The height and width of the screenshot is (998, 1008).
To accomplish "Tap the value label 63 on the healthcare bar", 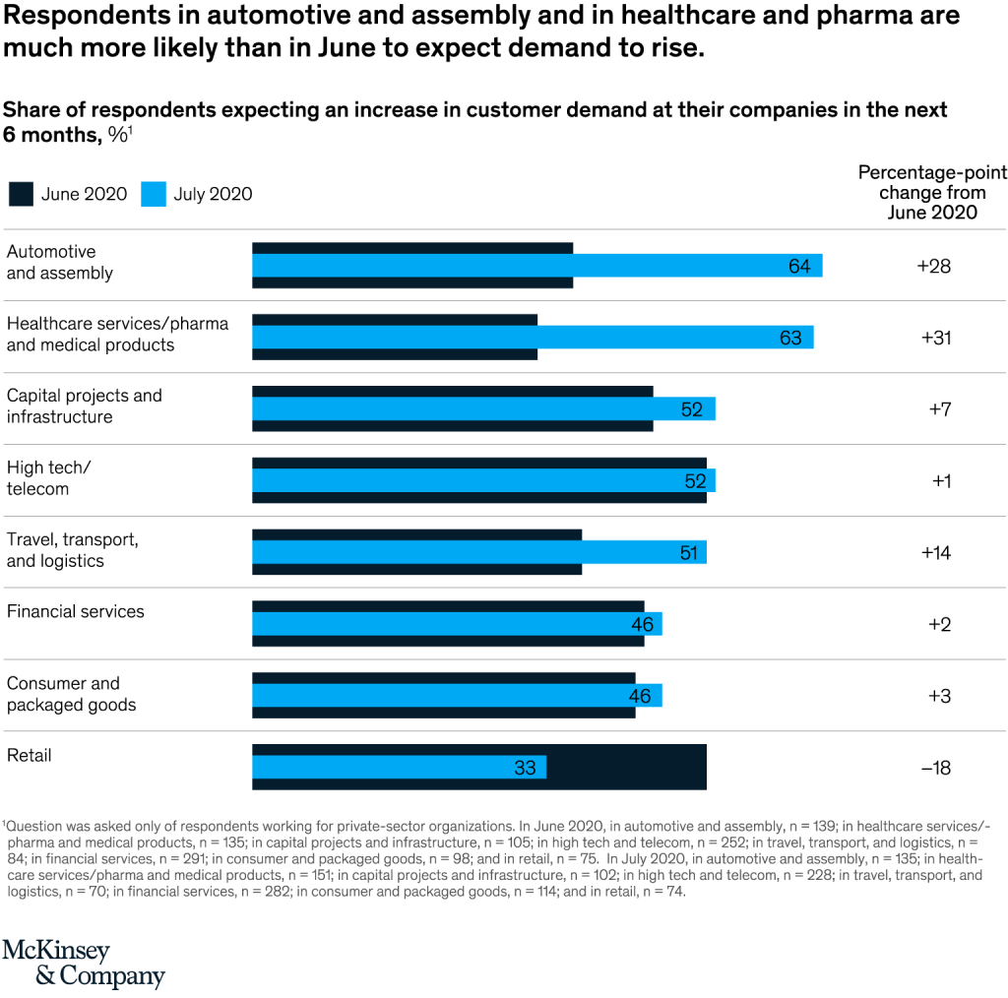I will click(790, 338).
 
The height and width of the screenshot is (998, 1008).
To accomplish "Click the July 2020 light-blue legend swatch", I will click(153, 194).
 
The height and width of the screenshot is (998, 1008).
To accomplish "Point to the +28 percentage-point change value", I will click(933, 266).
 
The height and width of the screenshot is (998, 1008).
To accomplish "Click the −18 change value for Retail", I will click(935, 768).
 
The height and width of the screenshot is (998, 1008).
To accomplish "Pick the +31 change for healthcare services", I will click(935, 338).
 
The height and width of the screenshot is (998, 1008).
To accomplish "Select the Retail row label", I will click(30, 756).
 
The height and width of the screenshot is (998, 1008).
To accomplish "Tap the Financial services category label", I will click(75, 611).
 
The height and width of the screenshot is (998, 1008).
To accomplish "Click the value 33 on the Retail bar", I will click(525, 768).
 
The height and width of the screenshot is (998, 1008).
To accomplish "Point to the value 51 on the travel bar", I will click(688, 553).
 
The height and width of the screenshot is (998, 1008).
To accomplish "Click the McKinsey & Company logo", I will click(83, 963).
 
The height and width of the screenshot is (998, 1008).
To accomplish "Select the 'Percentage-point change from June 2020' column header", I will click(932, 193).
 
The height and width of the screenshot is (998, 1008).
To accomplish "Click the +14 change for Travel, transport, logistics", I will click(935, 553).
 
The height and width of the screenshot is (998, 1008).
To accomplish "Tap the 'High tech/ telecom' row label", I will click(49, 478).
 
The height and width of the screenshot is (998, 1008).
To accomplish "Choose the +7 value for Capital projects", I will click(939, 409).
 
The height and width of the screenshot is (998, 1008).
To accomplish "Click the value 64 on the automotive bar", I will click(799, 266).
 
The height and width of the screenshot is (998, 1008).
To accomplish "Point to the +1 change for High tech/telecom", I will click(941, 481).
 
